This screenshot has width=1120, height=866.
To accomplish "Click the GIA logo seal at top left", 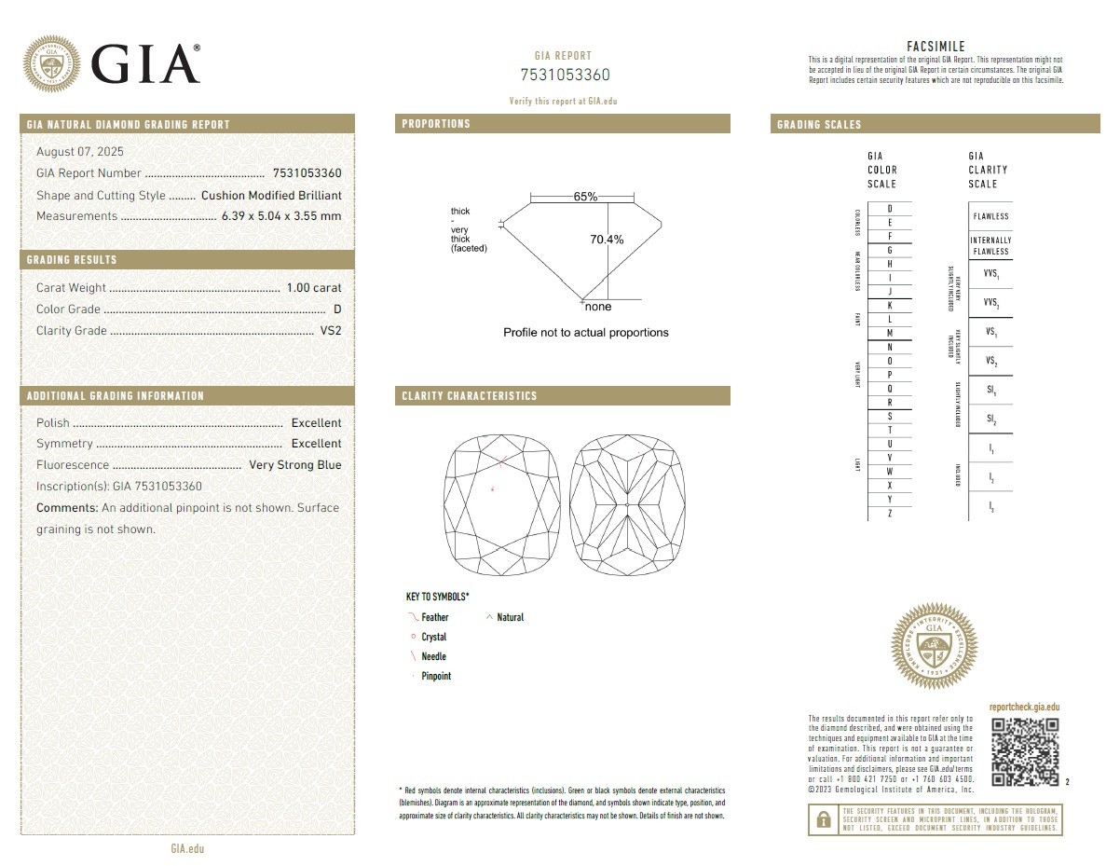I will (x=51, y=64).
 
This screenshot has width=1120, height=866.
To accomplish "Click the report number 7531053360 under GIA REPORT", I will (x=564, y=76).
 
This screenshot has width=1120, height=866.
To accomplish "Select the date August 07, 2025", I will (x=80, y=152).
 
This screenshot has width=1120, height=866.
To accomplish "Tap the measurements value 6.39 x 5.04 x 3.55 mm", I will (x=280, y=216).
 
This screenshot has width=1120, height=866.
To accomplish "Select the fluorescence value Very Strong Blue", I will (x=294, y=465).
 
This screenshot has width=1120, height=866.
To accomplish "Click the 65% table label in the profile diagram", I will (x=585, y=197).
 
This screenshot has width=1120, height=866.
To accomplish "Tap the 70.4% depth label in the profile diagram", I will (x=607, y=240).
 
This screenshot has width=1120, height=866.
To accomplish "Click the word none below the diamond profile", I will (x=598, y=307).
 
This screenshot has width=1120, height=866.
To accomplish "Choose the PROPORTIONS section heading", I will (x=436, y=124).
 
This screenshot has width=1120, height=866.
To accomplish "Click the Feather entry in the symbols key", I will (x=434, y=617).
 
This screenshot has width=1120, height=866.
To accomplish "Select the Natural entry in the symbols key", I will (x=510, y=617).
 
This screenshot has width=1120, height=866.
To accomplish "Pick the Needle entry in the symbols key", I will (x=433, y=657).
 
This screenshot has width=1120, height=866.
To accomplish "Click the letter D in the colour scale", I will (x=890, y=209).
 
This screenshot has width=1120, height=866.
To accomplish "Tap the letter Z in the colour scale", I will (x=890, y=514).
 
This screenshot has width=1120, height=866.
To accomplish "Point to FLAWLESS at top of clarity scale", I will (x=990, y=216).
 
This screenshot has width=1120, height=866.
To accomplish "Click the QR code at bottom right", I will (x=1025, y=751).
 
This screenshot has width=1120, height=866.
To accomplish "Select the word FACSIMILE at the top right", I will (x=936, y=47).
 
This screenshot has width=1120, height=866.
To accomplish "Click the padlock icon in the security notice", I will (x=824, y=819).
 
